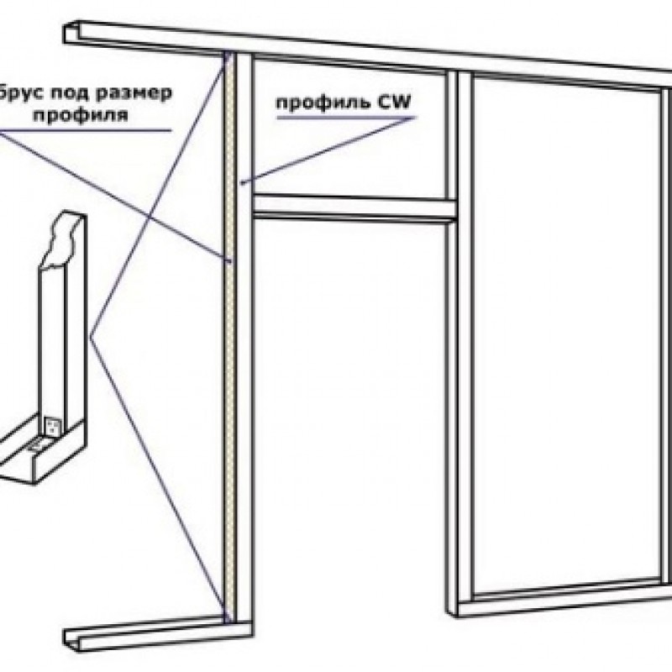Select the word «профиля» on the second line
point(80,115)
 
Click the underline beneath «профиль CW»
point(346,117)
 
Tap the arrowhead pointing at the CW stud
point(244,182)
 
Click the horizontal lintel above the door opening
point(354,207)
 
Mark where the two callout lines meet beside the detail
point(90,338)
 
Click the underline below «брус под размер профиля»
point(86,130)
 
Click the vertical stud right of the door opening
point(459,343)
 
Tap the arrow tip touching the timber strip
point(230,260)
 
